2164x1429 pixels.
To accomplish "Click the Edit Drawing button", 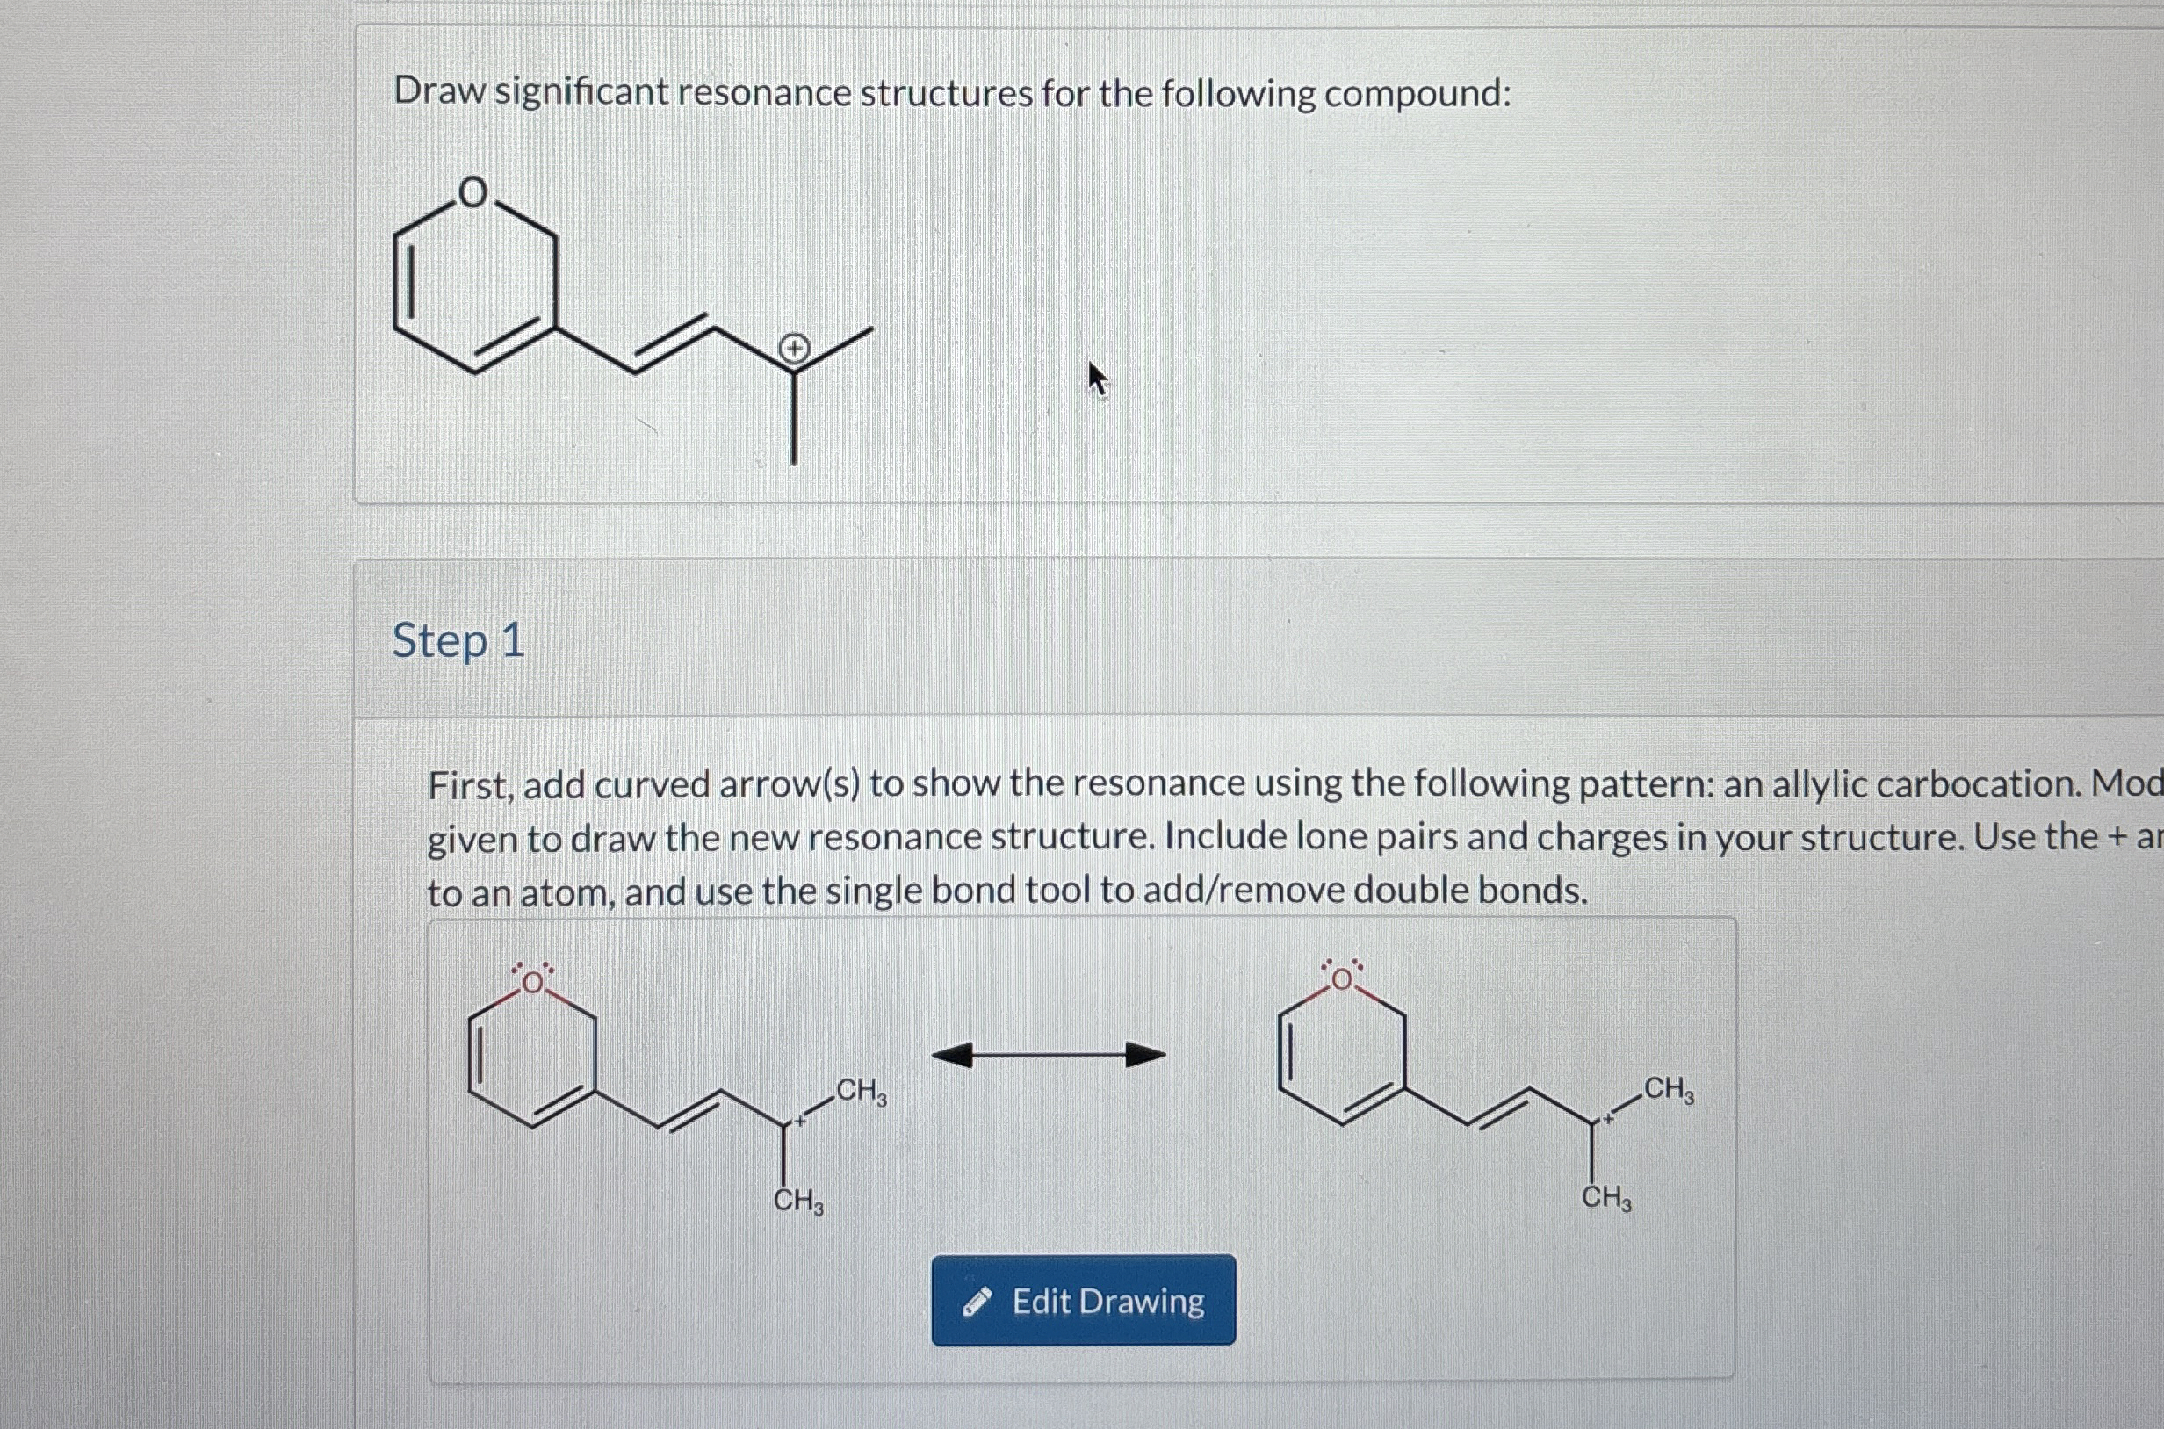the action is [1084, 1301].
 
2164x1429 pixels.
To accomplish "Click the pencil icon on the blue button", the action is [977, 1303].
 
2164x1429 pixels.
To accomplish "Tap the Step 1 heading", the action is [458, 639].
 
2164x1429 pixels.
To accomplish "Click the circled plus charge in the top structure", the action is [795, 348].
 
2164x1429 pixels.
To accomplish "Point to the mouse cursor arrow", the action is [1097, 378].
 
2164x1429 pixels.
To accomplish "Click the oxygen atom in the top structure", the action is [472, 193].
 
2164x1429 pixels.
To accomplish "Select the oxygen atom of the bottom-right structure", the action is [1342, 979].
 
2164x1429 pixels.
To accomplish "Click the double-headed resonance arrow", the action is [1049, 1056].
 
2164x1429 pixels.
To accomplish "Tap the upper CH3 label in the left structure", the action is [860, 1091].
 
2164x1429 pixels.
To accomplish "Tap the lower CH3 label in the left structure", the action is [798, 1202].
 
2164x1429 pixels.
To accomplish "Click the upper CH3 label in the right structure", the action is [1669, 1089].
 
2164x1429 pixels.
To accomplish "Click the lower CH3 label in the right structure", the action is [1606, 1198].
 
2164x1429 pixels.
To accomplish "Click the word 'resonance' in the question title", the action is [763, 93].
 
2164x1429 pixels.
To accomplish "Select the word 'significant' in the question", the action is [581, 93].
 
